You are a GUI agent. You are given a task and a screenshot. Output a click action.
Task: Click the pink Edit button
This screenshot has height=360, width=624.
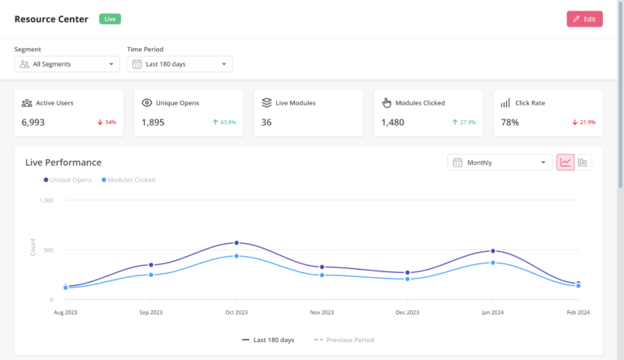point(584,19)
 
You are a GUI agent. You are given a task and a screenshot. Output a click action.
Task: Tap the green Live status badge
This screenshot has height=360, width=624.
point(110,19)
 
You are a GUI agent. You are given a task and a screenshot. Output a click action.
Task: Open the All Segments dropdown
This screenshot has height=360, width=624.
point(67,64)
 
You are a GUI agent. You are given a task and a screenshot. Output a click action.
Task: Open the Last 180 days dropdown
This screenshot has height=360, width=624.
point(180,64)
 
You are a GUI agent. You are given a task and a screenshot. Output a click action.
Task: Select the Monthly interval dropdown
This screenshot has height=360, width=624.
point(499,163)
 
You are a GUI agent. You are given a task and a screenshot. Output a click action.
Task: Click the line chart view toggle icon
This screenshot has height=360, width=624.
point(565,163)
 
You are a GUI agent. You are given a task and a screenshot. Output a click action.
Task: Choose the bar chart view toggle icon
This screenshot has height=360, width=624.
point(583,163)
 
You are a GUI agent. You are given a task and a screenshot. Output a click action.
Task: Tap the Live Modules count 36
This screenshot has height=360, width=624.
point(266,122)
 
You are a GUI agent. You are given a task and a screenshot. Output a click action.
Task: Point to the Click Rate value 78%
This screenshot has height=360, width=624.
point(510,122)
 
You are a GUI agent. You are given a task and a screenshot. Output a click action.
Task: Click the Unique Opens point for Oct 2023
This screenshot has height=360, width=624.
point(236,243)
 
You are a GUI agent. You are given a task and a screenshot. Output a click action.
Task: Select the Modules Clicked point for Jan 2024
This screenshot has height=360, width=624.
point(492,262)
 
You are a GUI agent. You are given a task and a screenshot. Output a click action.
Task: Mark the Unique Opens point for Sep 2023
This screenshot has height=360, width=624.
point(151,265)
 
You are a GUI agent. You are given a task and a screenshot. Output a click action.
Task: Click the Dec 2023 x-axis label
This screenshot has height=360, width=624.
point(407,312)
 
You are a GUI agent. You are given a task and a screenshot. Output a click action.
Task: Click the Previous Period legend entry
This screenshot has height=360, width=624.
point(344,340)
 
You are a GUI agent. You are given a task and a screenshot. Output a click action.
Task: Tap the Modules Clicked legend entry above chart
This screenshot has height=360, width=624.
point(128,180)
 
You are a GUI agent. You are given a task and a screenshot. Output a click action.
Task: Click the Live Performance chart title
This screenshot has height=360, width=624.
point(63,163)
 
